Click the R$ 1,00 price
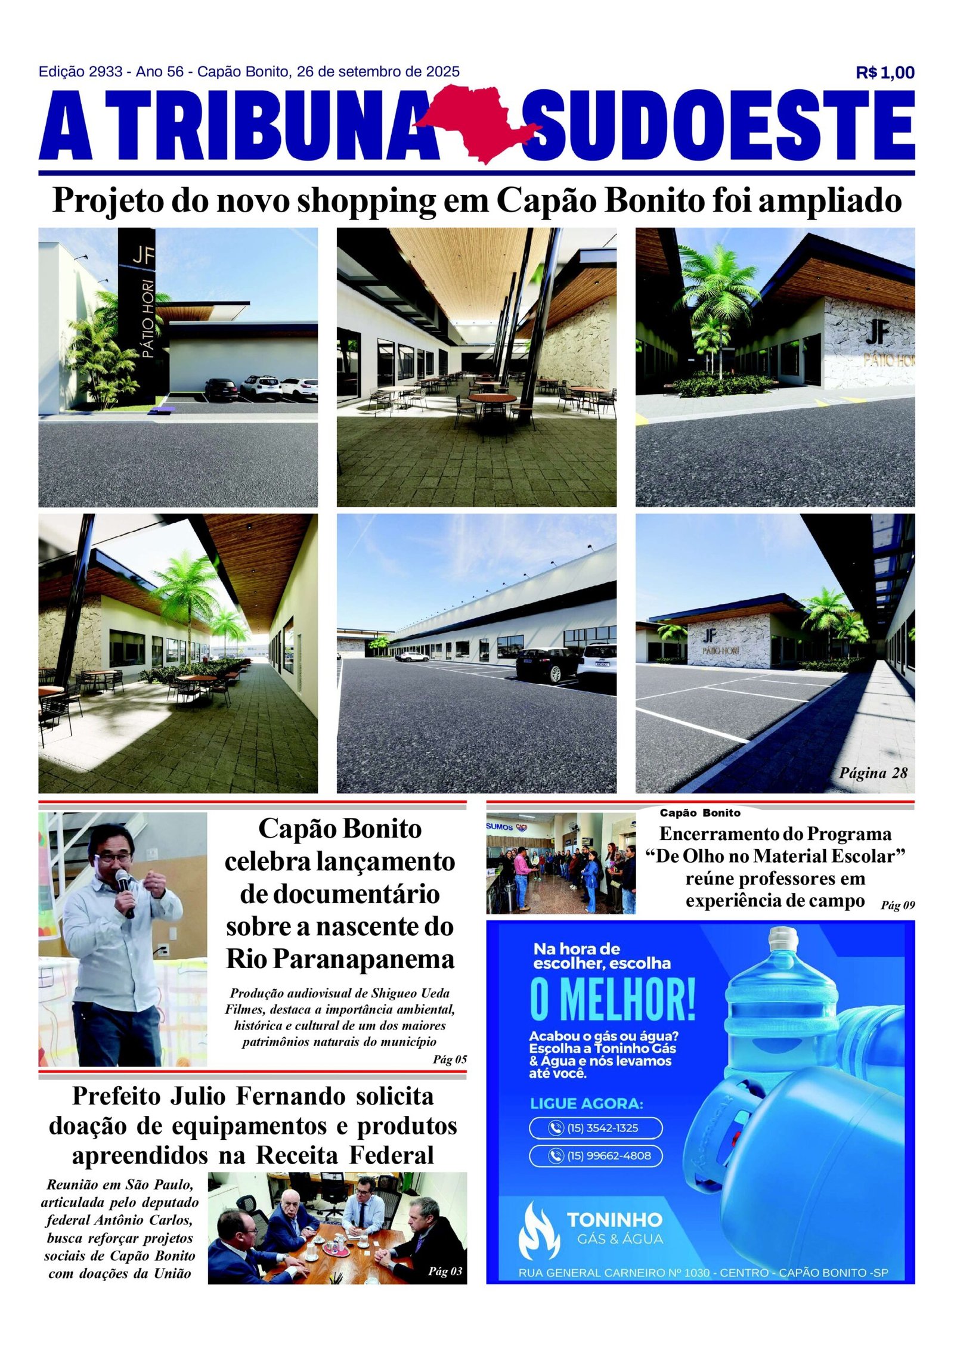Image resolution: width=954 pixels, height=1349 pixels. coord(884,73)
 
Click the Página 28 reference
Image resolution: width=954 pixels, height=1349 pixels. coord(873,773)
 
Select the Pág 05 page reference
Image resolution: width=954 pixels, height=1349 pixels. coord(450,1059)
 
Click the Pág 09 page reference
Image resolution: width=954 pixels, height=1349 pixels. coord(897,905)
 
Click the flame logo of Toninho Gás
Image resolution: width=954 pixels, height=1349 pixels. coord(538,1230)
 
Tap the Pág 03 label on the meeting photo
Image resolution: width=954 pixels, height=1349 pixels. coord(445,1271)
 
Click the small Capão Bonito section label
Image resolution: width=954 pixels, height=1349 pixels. coord(699,812)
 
